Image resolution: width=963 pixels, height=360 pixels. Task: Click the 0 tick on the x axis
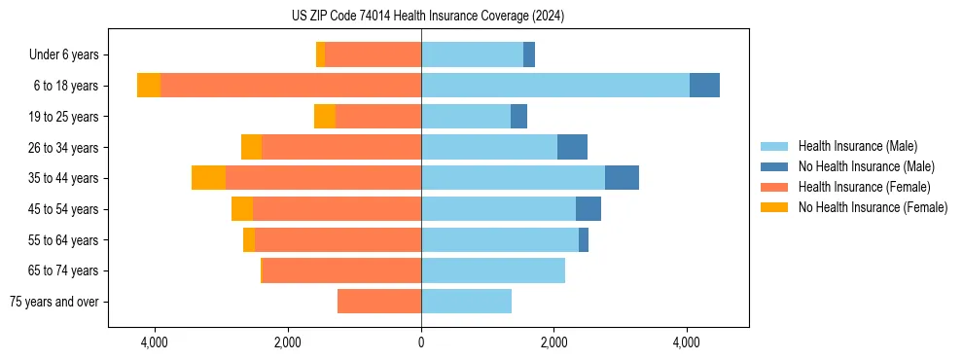421,342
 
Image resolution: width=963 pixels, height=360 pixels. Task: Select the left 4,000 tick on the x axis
156,342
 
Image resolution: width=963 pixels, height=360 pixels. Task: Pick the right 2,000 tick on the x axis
553,342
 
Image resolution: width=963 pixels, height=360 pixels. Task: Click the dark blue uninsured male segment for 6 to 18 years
704,86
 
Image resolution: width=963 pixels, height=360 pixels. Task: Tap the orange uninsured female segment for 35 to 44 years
208,178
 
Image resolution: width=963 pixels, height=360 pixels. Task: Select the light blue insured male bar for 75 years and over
466,302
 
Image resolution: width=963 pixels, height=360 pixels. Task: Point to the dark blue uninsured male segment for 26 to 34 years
572,147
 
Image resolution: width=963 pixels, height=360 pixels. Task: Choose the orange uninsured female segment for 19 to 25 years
325,117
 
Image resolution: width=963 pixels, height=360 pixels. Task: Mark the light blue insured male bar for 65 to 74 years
493,270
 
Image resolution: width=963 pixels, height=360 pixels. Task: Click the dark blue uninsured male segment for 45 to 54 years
588,209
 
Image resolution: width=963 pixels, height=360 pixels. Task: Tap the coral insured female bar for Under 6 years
374,55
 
